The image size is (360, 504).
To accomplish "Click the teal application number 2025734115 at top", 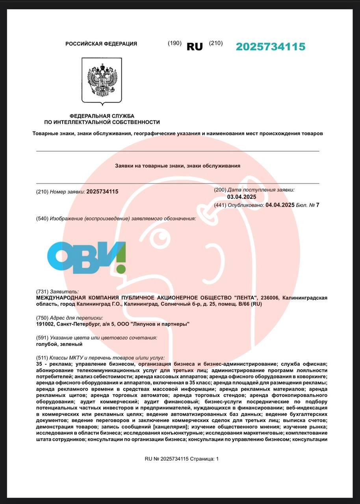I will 271,46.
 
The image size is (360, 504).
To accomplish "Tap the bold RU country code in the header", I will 195,46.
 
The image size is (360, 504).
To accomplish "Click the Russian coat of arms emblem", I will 102,80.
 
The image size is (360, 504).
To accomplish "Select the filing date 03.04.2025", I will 242,197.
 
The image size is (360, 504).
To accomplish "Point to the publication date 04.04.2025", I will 280,205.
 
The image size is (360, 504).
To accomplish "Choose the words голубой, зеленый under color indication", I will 59,344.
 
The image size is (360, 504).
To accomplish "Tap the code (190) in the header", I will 174,43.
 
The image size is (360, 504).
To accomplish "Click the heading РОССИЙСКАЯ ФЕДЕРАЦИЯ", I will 101,44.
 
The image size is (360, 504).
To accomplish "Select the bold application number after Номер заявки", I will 102,191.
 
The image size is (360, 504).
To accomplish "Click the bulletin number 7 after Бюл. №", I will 317,205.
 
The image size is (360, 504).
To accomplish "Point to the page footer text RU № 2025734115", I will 167,459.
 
